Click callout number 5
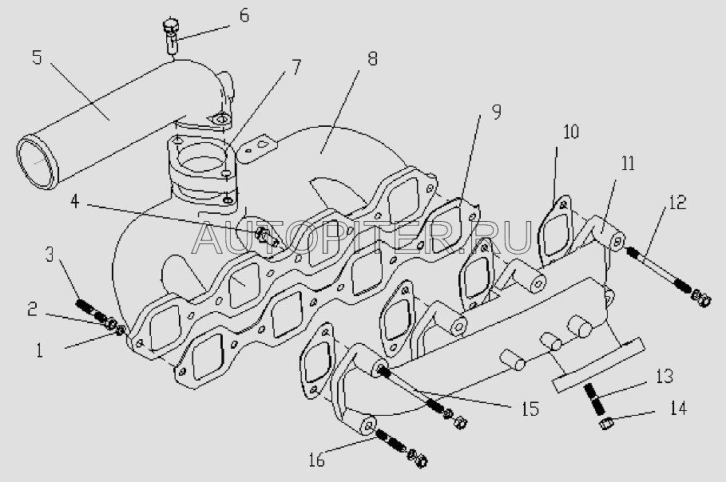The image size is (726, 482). (x=37, y=57)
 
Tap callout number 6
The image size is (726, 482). (x=244, y=15)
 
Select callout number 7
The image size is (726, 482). (x=296, y=68)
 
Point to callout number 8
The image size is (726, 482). (x=372, y=58)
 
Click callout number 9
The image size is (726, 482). (x=496, y=111)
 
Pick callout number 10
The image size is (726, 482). (x=571, y=132)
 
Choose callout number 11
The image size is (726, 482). (x=628, y=164)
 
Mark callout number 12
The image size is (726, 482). (x=677, y=202)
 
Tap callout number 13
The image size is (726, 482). (x=664, y=376)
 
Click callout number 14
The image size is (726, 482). (x=678, y=409)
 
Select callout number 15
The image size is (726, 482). (x=530, y=409)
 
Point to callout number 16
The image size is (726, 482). (x=317, y=460)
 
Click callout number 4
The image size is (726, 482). (x=75, y=202)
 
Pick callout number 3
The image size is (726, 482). (x=50, y=255)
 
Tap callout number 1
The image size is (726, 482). (x=39, y=350)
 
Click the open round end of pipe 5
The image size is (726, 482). (x=36, y=161)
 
